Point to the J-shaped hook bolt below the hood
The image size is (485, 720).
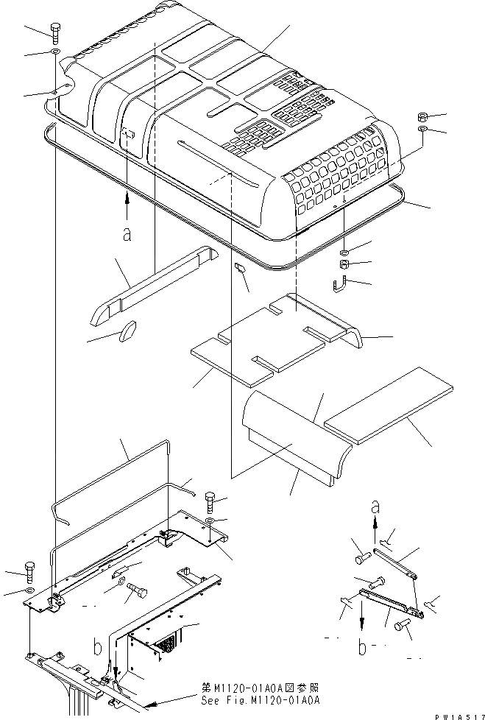click(x=341, y=282)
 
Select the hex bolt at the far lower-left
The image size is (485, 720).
click(x=29, y=571)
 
